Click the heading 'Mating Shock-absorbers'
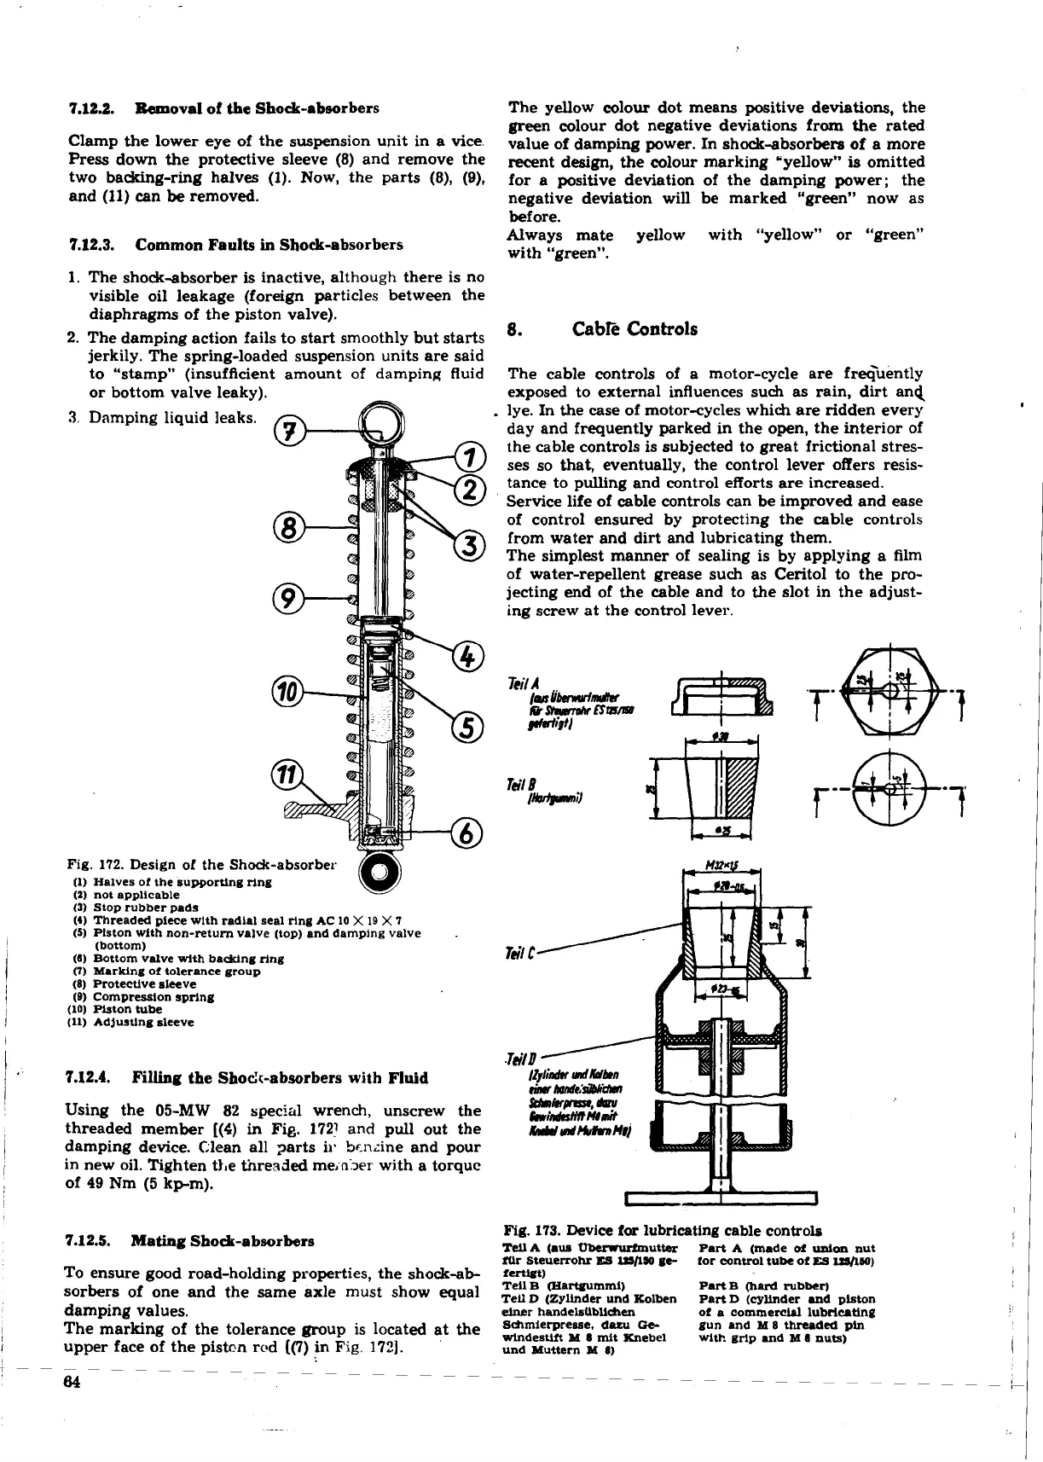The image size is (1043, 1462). [x=223, y=1241]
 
